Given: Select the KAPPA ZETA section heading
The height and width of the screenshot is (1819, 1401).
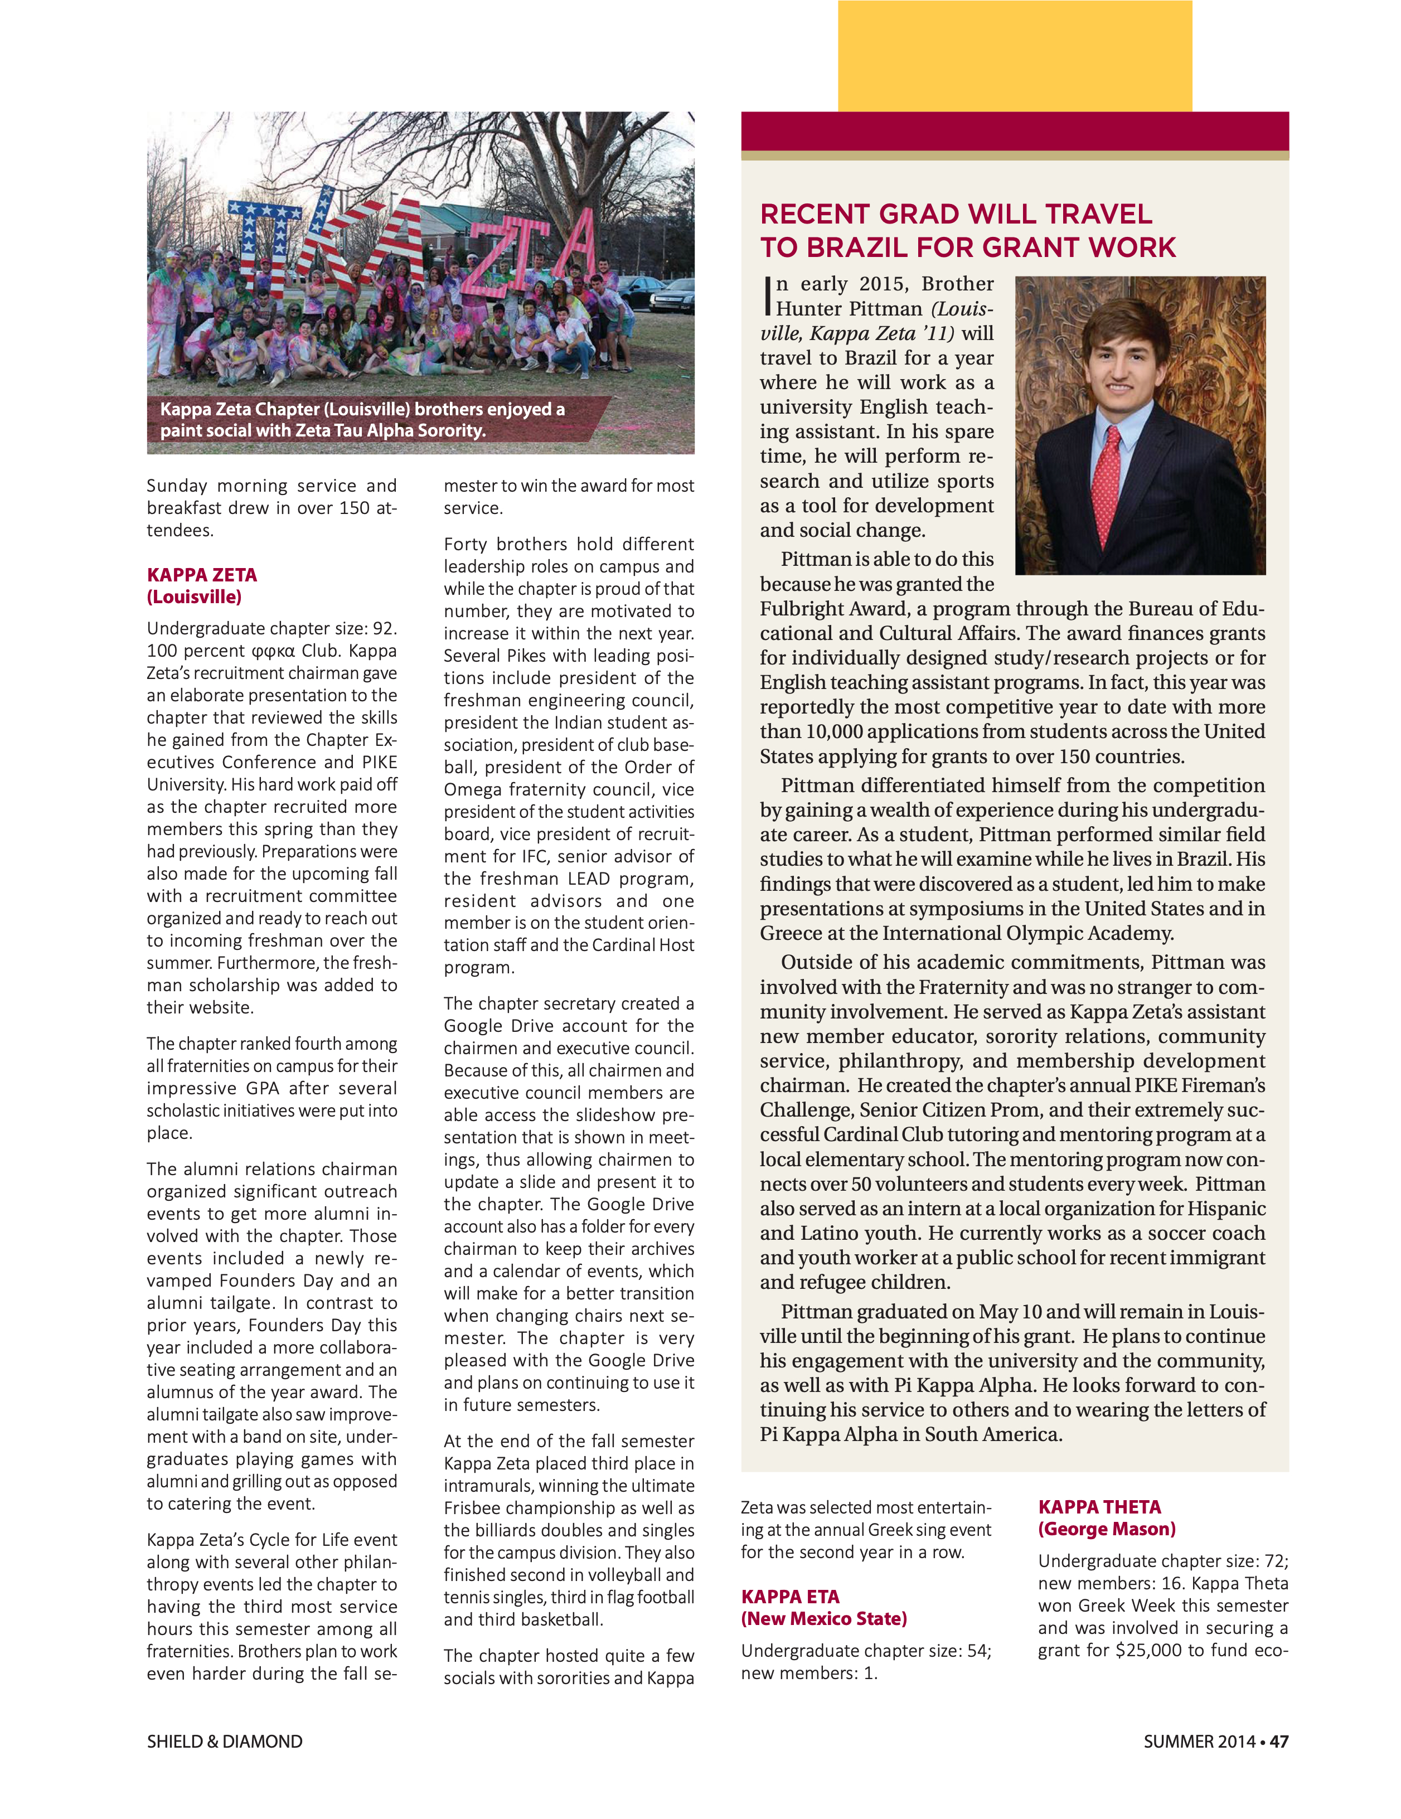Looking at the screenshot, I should coord(202,575).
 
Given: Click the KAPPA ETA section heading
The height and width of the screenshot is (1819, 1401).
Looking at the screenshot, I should coord(789,1597).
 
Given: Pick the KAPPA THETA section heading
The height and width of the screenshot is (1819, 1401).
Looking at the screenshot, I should coord(1099,1507).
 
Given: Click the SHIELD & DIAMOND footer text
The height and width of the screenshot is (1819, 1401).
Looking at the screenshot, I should coord(224,1742).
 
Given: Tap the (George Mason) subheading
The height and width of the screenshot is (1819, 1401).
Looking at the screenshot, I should coord(1106,1529).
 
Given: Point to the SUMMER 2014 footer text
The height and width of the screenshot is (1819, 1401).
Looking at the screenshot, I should coord(1199,1742).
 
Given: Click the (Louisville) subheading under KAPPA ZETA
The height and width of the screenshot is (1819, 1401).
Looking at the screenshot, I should coord(193,597).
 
